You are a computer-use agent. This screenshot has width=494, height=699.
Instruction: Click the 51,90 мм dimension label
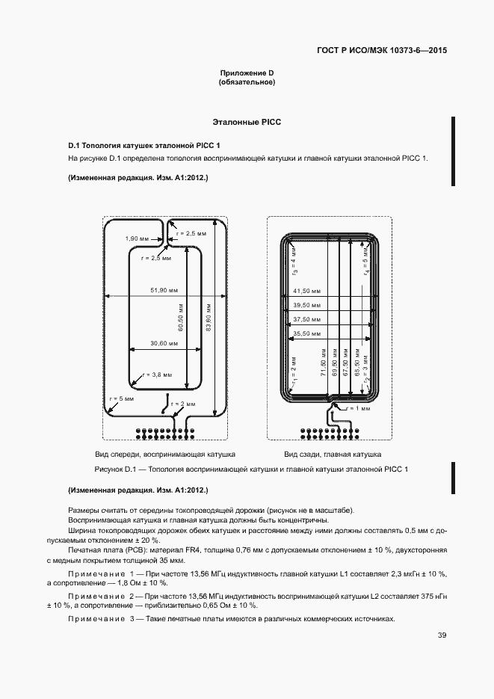[163, 290]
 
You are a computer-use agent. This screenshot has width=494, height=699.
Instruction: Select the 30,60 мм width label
[164, 343]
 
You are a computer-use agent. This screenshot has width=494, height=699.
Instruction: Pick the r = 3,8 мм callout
[156, 374]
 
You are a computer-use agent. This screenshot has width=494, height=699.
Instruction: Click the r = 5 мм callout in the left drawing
[120, 398]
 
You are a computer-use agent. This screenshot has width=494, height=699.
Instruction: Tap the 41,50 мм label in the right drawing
[306, 291]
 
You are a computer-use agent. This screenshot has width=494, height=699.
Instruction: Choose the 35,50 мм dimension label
[306, 333]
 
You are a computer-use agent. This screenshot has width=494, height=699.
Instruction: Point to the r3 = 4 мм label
[294, 264]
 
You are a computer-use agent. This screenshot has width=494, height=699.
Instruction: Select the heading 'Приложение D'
[247, 73]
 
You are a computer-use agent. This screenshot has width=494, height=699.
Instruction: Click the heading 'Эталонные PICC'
[247, 121]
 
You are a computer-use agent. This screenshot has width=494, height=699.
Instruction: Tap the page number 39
[442, 635]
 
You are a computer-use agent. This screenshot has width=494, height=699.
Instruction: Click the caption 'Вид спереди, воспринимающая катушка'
[165, 455]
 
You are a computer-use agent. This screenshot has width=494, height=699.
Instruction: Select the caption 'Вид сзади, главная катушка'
[333, 455]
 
